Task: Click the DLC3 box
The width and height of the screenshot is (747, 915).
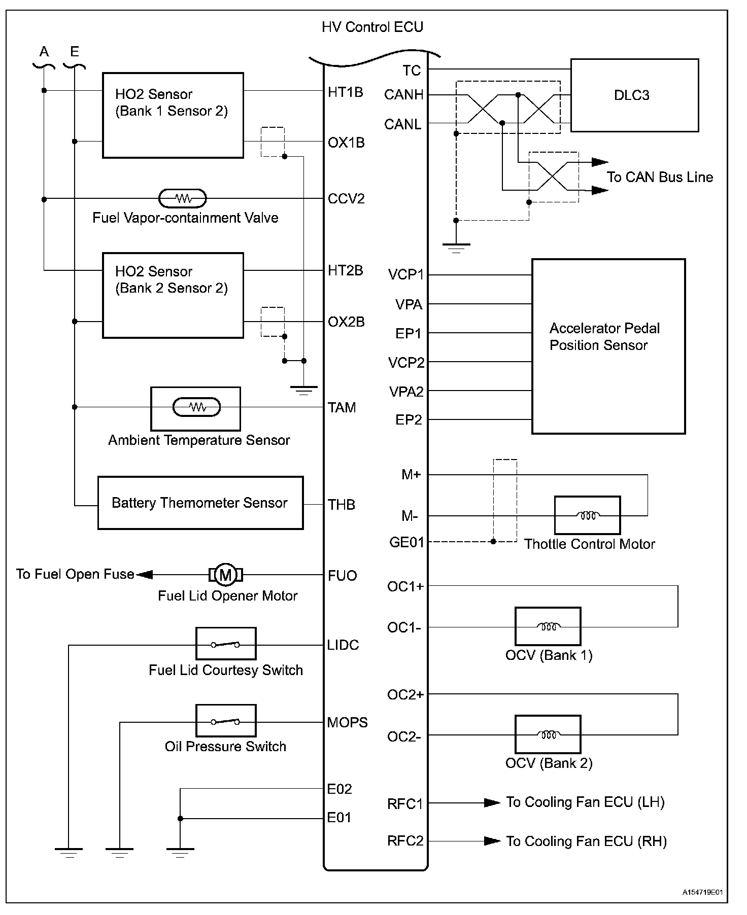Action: coord(634,95)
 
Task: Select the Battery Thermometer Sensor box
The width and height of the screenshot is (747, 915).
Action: coord(200,503)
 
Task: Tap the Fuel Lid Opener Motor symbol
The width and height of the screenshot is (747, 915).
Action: coord(226,575)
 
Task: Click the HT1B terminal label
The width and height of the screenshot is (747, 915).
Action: coord(345,92)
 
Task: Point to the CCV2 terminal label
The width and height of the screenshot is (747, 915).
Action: coord(346,198)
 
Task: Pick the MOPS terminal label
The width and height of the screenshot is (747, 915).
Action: coord(347,722)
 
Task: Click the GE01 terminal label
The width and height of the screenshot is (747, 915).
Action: coord(406,542)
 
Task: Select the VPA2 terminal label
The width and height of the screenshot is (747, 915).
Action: coord(406,392)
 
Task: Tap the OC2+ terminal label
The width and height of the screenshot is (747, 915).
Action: coord(405,694)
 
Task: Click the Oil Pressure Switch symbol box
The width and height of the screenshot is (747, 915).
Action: coord(226,721)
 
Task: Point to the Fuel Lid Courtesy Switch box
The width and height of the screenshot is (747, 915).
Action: coord(226,644)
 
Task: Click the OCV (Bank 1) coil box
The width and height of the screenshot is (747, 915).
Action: coord(548,627)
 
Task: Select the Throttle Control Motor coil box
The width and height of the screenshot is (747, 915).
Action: coord(587,515)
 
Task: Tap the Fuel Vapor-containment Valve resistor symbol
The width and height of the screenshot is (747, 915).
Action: coord(183,198)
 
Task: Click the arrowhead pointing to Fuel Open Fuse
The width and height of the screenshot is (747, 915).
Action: coord(144,575)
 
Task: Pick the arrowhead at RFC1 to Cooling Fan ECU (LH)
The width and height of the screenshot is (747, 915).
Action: coord(492,803)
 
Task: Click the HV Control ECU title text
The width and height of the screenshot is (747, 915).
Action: coord(372,27)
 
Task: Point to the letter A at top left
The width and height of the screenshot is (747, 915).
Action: coord(44,52)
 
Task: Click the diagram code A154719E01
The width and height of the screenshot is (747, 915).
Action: coord(702,892)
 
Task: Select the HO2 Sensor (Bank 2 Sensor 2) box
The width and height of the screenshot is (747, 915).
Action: coord(173,295)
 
